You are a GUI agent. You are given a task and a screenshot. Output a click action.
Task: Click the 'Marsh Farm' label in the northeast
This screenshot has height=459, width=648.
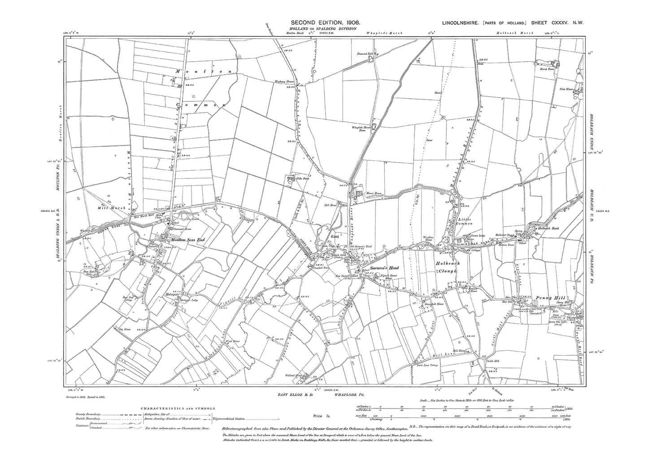(x=548, y=69)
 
